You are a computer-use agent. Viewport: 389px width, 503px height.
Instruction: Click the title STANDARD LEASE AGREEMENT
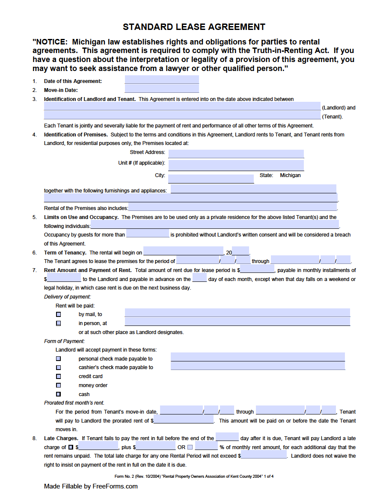pos(194,27)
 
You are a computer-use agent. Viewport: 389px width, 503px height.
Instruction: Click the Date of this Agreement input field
pos(162,80)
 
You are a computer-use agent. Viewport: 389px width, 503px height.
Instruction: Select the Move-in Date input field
pos(162,89)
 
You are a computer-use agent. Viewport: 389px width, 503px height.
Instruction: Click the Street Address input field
pos(236,154)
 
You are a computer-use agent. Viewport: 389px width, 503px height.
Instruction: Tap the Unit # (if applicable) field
pos(236,165)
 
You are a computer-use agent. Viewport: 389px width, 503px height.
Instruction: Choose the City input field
pos(211,178)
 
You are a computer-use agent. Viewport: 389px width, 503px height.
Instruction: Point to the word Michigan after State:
pos(290,175)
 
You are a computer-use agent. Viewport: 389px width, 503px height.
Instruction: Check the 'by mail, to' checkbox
pos(59,314)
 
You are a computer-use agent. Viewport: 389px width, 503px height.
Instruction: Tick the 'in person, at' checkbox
pos(59,323)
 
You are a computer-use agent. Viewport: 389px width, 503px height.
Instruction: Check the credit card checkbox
pos(59,376)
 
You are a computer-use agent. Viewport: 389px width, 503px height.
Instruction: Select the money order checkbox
pos(59,385)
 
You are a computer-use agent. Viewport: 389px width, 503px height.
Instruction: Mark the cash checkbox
pos(59,394)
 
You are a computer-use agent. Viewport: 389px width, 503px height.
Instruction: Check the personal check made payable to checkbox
pos(59,359)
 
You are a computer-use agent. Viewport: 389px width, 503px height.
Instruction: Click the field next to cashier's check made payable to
pos(258,366)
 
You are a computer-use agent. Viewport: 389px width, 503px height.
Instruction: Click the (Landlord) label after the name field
pos(339,108)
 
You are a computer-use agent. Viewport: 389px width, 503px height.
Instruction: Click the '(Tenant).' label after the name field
pos(333,117)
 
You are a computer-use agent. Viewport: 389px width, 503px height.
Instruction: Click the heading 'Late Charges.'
pos(61,438)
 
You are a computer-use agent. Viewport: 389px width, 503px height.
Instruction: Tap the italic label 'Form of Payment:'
pos(64,341)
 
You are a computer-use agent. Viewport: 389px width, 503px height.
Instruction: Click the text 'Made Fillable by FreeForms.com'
pos(91,486)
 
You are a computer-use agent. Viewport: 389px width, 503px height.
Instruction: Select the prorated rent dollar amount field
pos(184,420)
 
